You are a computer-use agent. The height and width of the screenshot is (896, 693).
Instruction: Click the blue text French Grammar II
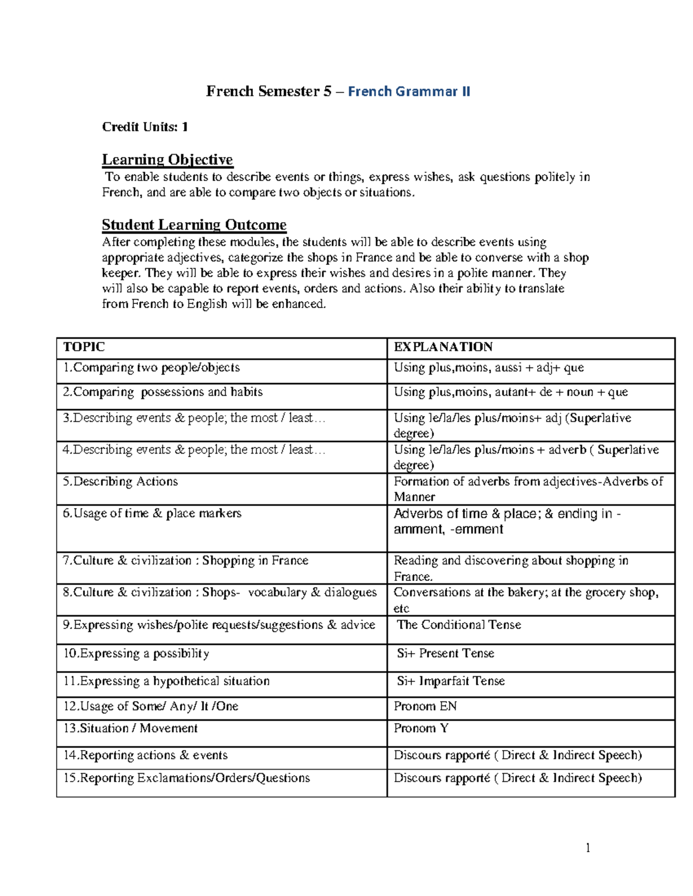409,91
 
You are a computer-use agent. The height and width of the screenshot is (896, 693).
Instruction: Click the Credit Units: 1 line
145,127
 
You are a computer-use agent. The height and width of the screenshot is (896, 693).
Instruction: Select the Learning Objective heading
167,159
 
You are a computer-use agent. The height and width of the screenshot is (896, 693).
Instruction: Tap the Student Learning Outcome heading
194,224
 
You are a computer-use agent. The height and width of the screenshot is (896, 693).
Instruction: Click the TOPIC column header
84,347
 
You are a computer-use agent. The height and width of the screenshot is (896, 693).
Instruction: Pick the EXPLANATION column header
443,347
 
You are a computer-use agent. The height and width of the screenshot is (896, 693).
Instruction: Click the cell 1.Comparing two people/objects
151,368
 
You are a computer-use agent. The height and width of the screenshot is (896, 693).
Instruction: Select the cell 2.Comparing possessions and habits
162,392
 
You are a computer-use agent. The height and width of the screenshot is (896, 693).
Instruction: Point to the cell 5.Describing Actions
120,481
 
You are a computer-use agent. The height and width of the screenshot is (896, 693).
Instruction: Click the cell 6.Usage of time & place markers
152,513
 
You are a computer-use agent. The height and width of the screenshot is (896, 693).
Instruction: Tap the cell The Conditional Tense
459,625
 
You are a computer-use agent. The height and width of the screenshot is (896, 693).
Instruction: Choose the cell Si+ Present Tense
445,653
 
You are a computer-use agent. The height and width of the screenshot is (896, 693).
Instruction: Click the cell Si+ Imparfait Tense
450,681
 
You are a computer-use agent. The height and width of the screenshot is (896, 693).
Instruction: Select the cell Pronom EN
425,706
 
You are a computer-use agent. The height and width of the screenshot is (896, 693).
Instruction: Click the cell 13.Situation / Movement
131,728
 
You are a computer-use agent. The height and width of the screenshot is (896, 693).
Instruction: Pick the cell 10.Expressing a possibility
136,653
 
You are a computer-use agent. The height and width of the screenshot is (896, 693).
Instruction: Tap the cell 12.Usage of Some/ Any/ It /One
151,706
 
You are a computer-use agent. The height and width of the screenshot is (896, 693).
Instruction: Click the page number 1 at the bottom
588,848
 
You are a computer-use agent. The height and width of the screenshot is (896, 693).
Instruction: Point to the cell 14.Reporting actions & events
146,755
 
